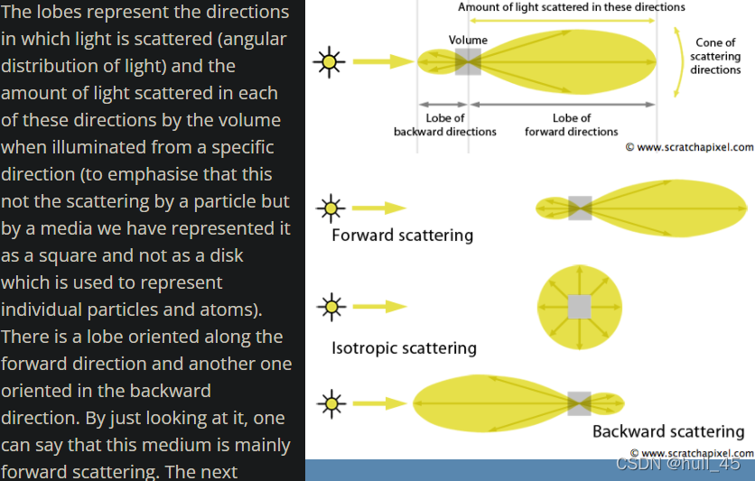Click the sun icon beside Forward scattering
click(x=331, y=208)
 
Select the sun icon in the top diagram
click(x=329, y=61)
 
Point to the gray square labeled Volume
click(x=468, y=61)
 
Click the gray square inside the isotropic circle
click(x=579, y=307)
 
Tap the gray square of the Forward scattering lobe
click(x=580, y=208)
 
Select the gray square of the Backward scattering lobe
click(x=579, y=402)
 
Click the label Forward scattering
click(x=402, y=236)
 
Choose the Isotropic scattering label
click(x=404, y=347)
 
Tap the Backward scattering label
click(x=668, y=431)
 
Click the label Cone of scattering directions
click(x=715, y=56)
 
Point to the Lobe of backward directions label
click(x=445, y=125)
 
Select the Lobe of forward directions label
click(x=572, y=125)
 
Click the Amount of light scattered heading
click(x=572, y=7)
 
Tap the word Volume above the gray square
click(x=468, y=40)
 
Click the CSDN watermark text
click(x=677, y=464)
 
